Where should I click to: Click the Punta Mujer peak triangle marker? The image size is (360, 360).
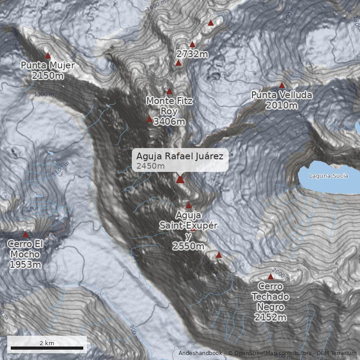(x=48, y=56)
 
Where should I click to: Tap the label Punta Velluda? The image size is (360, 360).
(x=282, y=95)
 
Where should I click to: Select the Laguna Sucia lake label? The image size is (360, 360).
(x=328, y=175)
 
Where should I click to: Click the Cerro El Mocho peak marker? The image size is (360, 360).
(x=25, y=234)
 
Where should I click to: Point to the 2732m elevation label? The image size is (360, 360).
(x=192, y=54)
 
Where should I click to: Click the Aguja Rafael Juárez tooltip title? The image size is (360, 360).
(x=180, y=156)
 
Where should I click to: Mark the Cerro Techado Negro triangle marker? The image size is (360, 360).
(x=270, y=277)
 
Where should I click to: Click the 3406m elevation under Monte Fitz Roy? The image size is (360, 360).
(x=169, y=121)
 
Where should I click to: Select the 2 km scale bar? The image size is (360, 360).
(x=47, y=348)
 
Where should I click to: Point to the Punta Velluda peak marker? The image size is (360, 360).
(x=282, y=85)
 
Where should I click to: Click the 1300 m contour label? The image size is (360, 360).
(x=44, y=94)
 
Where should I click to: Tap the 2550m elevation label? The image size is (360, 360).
(x=188, y=246)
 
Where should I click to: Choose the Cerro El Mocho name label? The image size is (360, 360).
(x=25, y=249)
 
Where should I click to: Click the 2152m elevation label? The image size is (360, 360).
(x=270, y=318)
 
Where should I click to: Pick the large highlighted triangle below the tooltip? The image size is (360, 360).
(x=180, y=180)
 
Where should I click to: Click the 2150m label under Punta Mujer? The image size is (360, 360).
(x=48, y=76)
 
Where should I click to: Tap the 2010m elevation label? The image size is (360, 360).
(x=282, y=105)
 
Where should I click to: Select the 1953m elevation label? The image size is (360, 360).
(x=25, y=265)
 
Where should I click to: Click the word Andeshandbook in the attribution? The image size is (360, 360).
(x=200, y=353)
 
